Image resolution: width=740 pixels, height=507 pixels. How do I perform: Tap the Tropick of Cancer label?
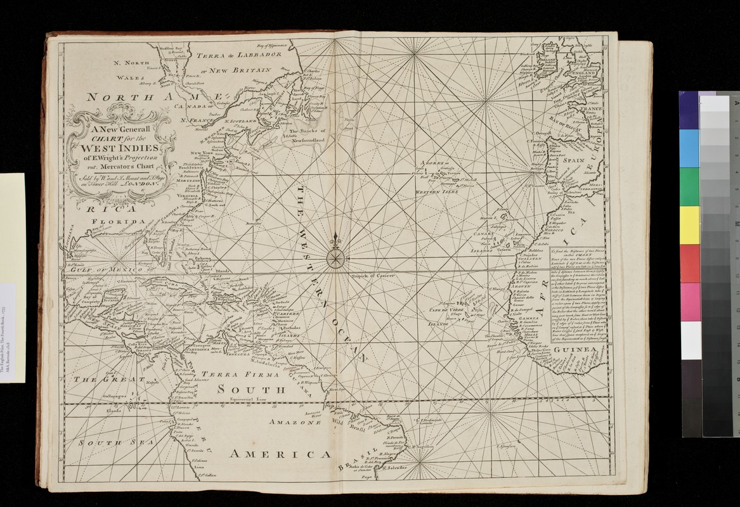pos(374,277)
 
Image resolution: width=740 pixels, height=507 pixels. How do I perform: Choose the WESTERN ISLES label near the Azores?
pos(437,191)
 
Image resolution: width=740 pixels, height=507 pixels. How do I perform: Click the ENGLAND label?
pos(574,74)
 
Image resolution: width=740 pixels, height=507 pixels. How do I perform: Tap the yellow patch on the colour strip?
pos(689,224)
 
